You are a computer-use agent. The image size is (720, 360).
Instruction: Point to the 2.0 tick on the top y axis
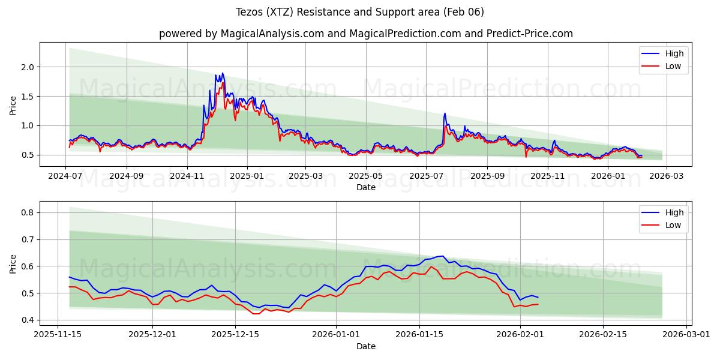pyautogui.click(x=28, y=67)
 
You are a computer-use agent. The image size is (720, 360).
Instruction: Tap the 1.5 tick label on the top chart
pyautogui.click(x=28, y=97)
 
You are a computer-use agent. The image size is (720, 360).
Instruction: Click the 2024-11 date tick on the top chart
pyautogui.click(x=187, y=176)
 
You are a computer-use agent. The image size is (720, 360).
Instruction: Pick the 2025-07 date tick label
pyautogui.click(x=426, y=176)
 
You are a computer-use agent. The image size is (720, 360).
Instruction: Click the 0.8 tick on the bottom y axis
pyautogui.click(x=28, y=212)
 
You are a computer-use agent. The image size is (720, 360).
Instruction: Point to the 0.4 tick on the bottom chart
pyautogui.click(x=28, y=320)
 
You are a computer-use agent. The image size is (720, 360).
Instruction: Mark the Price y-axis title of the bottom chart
pyautogui.click(x=13, y=263)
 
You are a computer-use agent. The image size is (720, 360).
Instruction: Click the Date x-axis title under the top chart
pyautogui.click(x=366, y=187)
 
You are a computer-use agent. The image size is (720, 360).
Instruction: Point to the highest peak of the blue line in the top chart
pyautogui.click(x=223, y=73)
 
